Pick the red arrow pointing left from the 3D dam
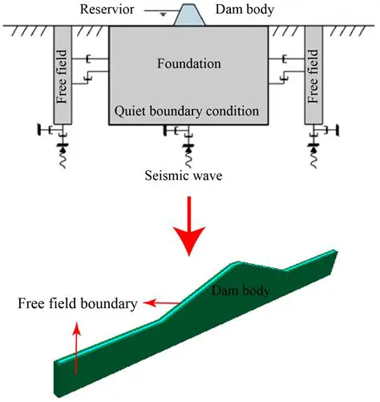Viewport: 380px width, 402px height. [159, 303]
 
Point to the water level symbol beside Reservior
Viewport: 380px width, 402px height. [162, 12]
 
